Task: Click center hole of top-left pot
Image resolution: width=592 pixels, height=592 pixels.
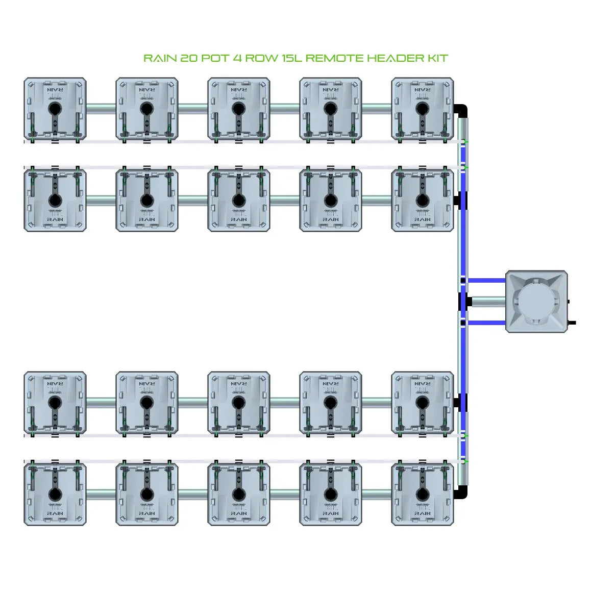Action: click(55, 109)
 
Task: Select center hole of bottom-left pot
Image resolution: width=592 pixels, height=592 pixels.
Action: click(55, 494)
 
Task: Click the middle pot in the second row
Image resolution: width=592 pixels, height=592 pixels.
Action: click(239, 200)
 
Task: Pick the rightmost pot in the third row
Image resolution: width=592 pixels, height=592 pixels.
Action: click(423, 403)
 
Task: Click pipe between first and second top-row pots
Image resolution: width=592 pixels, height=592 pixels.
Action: click(101, 108)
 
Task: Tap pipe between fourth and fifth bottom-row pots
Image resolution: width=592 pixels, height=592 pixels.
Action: click(377, 494)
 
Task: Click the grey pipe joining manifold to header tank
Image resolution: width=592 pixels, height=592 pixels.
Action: click(487, 302)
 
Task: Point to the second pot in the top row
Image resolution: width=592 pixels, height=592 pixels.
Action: click(147, 109)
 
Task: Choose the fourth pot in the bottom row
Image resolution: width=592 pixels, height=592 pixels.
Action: click(331, 494)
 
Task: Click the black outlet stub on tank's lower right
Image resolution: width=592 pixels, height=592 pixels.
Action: click(572, 323)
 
